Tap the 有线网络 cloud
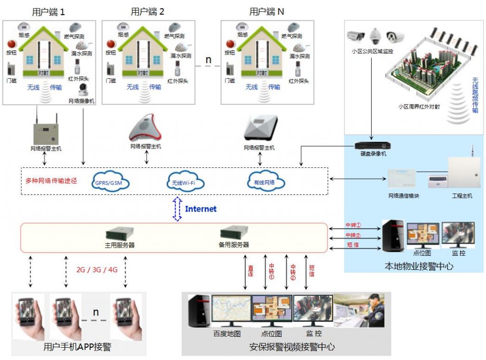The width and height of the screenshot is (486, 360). [x=265, y=181]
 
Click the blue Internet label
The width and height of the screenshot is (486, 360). [x=200, y=209]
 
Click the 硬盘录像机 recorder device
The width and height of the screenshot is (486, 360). [x=373, y=145]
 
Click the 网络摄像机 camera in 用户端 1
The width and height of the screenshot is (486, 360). [x=84, y=90]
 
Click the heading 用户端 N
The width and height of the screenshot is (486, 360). [x=267, y=12]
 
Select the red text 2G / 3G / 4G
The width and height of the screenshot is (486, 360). [x=96, y=270]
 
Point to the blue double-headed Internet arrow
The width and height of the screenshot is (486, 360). [x=177, y=209]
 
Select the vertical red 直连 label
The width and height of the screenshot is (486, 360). [x=250, y=271]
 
